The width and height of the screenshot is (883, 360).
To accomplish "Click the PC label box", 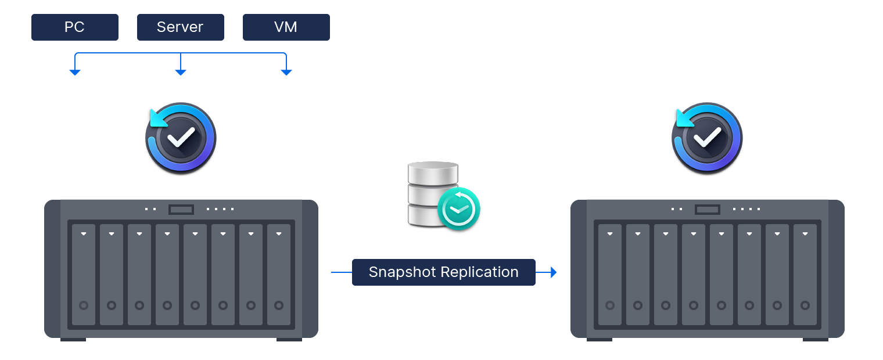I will (x=74, y=27).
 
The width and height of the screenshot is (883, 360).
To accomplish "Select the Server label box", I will (x=180, y=27).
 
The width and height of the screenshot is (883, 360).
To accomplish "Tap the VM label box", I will (x=286, y=27).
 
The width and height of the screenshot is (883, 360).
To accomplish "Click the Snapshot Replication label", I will (x=443, y=272).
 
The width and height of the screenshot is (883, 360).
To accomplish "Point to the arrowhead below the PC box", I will (x=74, y=72).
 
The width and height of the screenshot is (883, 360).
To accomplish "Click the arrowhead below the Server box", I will (x=181, y=72).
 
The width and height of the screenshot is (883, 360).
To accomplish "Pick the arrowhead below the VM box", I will (x=286, y=72).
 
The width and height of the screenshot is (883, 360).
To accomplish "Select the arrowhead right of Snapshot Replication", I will (x=553, y=272).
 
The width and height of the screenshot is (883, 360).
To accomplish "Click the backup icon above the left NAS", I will (x=181, y=139).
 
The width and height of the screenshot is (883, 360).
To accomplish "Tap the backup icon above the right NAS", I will (x=707, y=139).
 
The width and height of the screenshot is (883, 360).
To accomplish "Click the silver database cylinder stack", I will (x=432, y=194).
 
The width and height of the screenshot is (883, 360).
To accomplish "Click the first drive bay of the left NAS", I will (x=84, y=274).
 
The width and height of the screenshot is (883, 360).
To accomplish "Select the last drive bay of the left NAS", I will (x=279, y=274).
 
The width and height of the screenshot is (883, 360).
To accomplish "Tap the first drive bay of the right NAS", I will (x=610, y=274).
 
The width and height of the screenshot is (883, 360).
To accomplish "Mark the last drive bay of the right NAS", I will (x=805, y=274).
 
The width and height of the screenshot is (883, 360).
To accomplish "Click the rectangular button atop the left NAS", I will (x=181, y=209).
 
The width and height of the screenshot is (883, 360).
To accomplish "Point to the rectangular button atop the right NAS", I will (x=708, y=209).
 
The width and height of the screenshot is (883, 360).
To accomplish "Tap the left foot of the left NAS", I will (x=73, y=339).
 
